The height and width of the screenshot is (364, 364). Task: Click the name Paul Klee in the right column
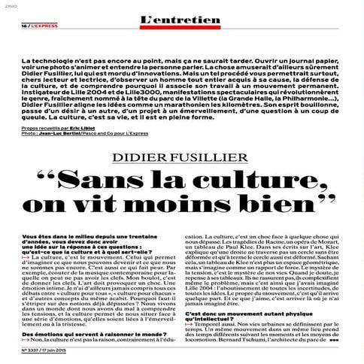(x=232, y=267)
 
